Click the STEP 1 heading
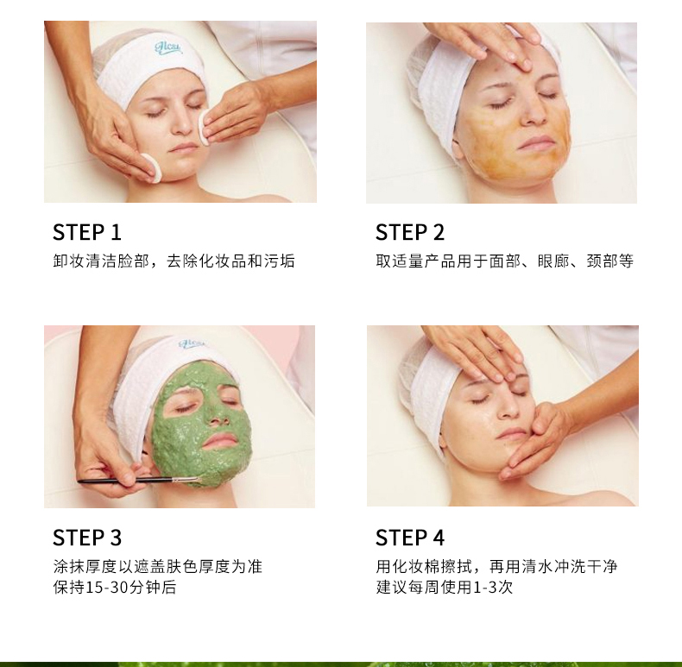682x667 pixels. (x=87, y=232)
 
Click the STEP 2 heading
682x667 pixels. (x=410, y=232)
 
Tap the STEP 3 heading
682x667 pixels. (x=87, y=538)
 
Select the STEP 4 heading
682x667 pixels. (x=410, y=538)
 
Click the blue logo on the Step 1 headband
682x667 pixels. (x=168, y=47)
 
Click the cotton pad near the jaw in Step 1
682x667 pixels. (x=151, y=167)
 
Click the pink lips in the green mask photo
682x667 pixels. (x=221, y=441)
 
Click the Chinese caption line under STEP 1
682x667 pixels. (x=174, y=261)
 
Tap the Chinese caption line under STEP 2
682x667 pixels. (x=504, y=261)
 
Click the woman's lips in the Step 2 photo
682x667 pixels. (x=536, y=142)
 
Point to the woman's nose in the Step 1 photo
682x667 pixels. (x=183, y=124)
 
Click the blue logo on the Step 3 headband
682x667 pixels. (x=192, y=344)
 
